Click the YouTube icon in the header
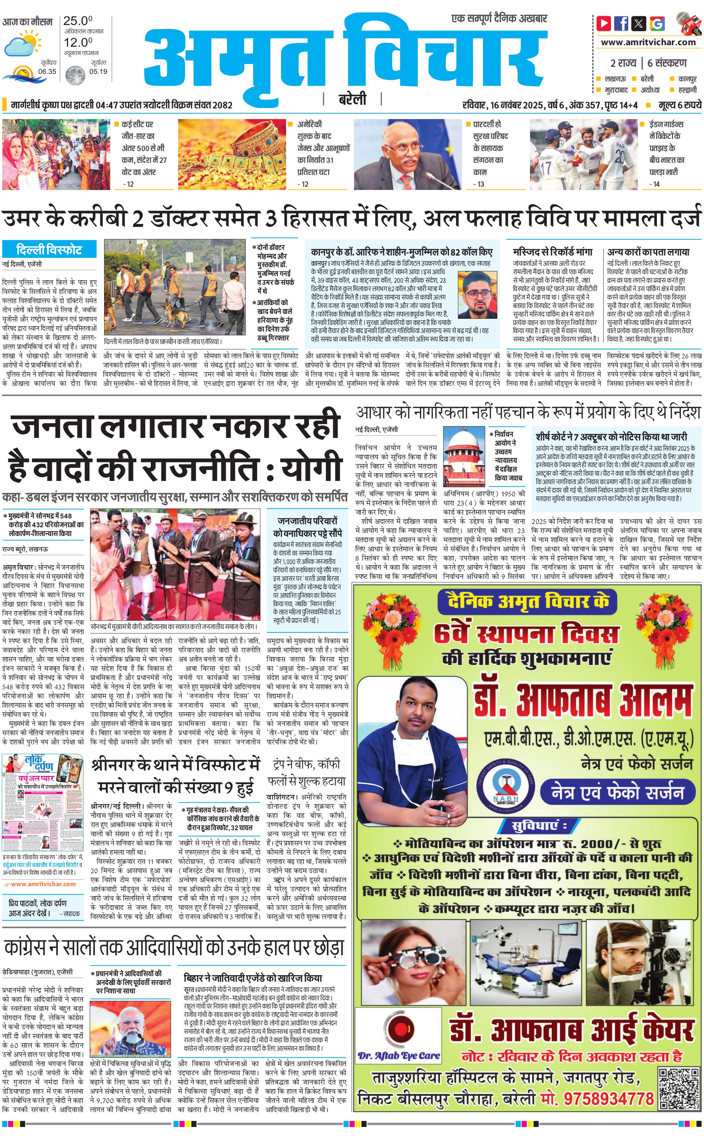coord(604,23)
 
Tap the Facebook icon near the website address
coord(621,23)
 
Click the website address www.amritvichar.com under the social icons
coord(648,42)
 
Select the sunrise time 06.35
coord(47,72)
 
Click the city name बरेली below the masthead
coord(352,99)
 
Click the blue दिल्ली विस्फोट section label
coord(49,249)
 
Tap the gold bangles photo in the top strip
coord(232,154)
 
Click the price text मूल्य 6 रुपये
coord(679,106)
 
